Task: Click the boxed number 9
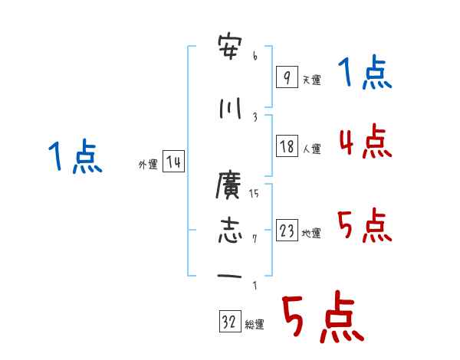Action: tap(286, 77)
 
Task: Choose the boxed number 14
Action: tap(173, 162)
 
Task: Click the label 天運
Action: tap(311, 80)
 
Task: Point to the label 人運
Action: tap(311, 149)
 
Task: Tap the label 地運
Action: tap(311, 234)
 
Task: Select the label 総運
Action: tap(255, 325)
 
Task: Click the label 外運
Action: tap(147, 164)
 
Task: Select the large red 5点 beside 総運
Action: tap(322, 318)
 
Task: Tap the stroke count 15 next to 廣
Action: tap(255, 193)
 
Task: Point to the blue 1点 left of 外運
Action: tap(74, 158)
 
